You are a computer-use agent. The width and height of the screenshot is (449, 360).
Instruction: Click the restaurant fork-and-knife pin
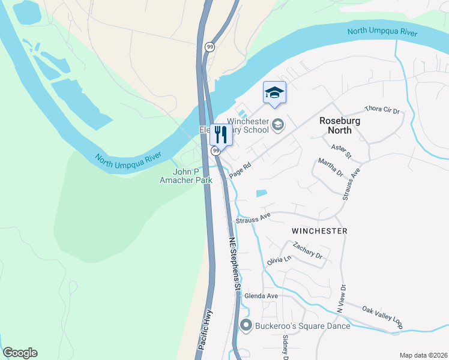click(x=220, y=135)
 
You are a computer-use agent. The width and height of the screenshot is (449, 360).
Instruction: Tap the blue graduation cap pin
click(x=274, y=93)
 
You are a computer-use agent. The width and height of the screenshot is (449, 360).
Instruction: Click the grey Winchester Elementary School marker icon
click(x=277, y=125)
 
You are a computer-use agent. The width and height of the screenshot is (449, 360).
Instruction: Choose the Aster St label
click(x=341, y=151)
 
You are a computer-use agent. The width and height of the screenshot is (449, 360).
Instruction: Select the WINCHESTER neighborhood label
click(x=319, y=230)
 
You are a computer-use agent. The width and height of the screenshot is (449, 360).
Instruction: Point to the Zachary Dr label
click(x=308, y=250)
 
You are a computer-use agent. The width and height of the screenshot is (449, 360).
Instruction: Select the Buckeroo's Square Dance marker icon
click(x=246, y=326)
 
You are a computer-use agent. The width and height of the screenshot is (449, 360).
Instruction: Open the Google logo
click(x=20, y=353)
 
